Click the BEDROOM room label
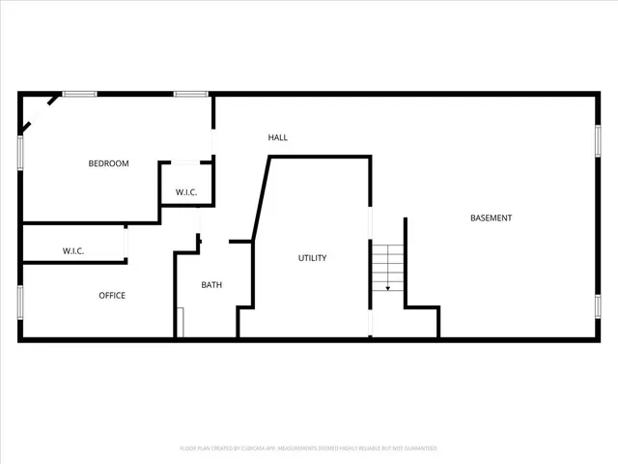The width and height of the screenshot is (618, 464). (108, 163)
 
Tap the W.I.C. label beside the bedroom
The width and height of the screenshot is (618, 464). (186, 192)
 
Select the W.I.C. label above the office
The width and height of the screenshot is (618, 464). (73, 251)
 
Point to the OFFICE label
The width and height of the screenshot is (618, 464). (112, 296)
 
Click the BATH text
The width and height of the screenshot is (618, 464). (211, 285)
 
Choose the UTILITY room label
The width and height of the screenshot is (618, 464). (312, 258)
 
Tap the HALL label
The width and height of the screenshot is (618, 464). (278, 137)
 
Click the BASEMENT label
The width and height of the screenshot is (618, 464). (491, 217)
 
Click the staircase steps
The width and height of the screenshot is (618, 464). (387, 262)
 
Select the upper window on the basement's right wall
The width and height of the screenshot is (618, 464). (597, 142)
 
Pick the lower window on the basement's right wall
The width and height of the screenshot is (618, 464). (597, 306)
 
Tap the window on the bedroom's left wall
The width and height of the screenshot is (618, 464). (20, 153)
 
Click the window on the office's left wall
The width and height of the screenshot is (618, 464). (20, 302)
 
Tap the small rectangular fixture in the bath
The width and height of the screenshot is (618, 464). (180, 322)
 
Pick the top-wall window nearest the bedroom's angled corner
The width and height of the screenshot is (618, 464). (79, 94)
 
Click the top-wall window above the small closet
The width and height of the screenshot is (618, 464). (190, 94)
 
